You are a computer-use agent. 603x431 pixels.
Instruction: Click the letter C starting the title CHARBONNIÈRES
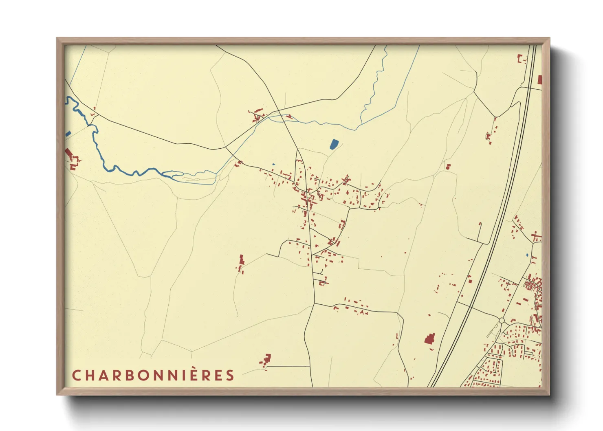pyautogui.click(x=76, y=375)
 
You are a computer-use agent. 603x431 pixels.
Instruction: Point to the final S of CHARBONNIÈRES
pyautogui.click(x=231, y=375)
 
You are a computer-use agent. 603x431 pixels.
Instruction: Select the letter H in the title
pyautogui.click(x=89, y=375)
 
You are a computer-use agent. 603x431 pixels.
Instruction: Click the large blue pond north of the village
pyautogui.click(x=334, y=144)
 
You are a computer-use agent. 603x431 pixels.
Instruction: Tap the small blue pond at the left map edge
pyautogui.click(x=68, y=134)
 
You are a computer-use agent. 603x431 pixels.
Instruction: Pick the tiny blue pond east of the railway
pyautogui.click(x=527, y=255)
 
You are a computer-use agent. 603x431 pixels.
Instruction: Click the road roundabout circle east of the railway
pyautogui.click(x=502, y=321)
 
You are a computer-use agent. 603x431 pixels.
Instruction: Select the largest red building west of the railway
pyautogui.click(x=429, y=339)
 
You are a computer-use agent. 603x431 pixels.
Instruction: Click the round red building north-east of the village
pyautogui.click(x=448, y=167)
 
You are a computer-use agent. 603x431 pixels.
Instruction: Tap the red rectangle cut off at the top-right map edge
pyautogui.click(x=540, y=80)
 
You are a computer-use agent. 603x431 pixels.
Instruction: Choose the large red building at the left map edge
pyautogui.click(x=69, y=153)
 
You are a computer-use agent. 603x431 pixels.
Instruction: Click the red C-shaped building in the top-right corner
pyautogui.click(x=521, y=59)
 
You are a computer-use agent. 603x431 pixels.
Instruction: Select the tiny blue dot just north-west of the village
pyautogui.click(x=273, y=164)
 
